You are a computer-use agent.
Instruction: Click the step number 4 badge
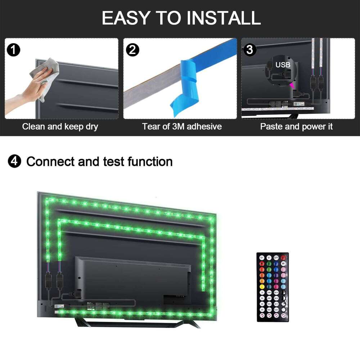click(14, 162)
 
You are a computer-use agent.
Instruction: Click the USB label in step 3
click(283, 65)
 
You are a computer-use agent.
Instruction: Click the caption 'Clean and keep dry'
click(60, 127)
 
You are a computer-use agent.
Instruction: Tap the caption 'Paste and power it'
click(296, 127)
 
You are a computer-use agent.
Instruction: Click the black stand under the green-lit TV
click(137, 323)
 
